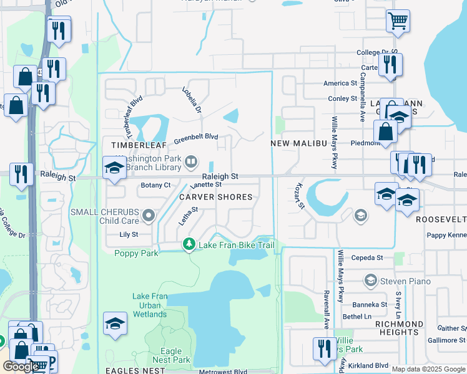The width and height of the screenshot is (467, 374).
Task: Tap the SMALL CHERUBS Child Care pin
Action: (149, 216)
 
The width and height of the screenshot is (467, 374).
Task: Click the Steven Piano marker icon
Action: (371, 281)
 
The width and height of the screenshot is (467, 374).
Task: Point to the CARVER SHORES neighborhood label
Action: (216, 197)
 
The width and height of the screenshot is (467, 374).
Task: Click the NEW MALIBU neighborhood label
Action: (298, 143)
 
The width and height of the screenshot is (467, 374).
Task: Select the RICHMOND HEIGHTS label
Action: (399, 328)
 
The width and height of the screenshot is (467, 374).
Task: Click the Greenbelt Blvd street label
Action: (195, 137)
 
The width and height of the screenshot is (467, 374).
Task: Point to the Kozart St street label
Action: (299, 195)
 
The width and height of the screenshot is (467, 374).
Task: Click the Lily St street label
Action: (129, 234)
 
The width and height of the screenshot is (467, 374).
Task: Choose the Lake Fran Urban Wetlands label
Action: (150, 305)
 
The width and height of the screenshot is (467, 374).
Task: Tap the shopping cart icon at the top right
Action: (398, 21)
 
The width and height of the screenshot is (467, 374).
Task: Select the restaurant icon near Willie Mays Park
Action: (323, 348)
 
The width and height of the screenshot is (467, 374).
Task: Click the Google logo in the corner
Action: (21, 366)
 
